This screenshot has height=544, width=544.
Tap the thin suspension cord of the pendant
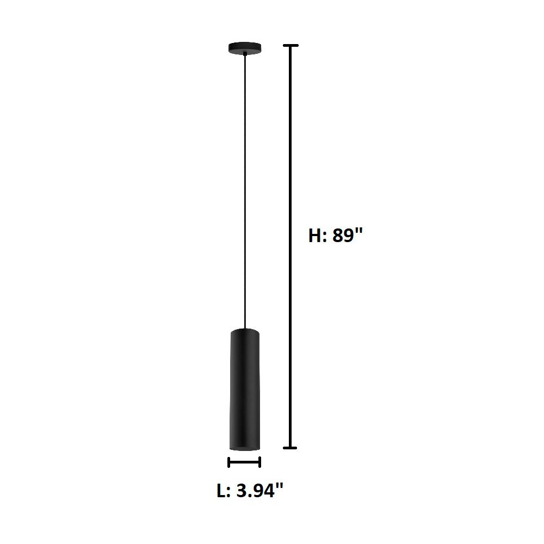pos(245,190)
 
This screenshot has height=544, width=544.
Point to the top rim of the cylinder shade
pos(244,331)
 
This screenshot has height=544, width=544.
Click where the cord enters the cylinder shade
pos(245,328)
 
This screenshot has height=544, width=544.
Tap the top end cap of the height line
pos(292,46)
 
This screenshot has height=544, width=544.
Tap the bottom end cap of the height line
pos(292,448)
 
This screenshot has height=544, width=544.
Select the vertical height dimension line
pos(292,245)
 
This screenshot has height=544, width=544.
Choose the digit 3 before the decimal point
pos(243,491)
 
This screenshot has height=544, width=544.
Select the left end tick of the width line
pos(229,462)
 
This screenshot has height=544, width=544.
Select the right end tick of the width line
pos(260,462)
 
